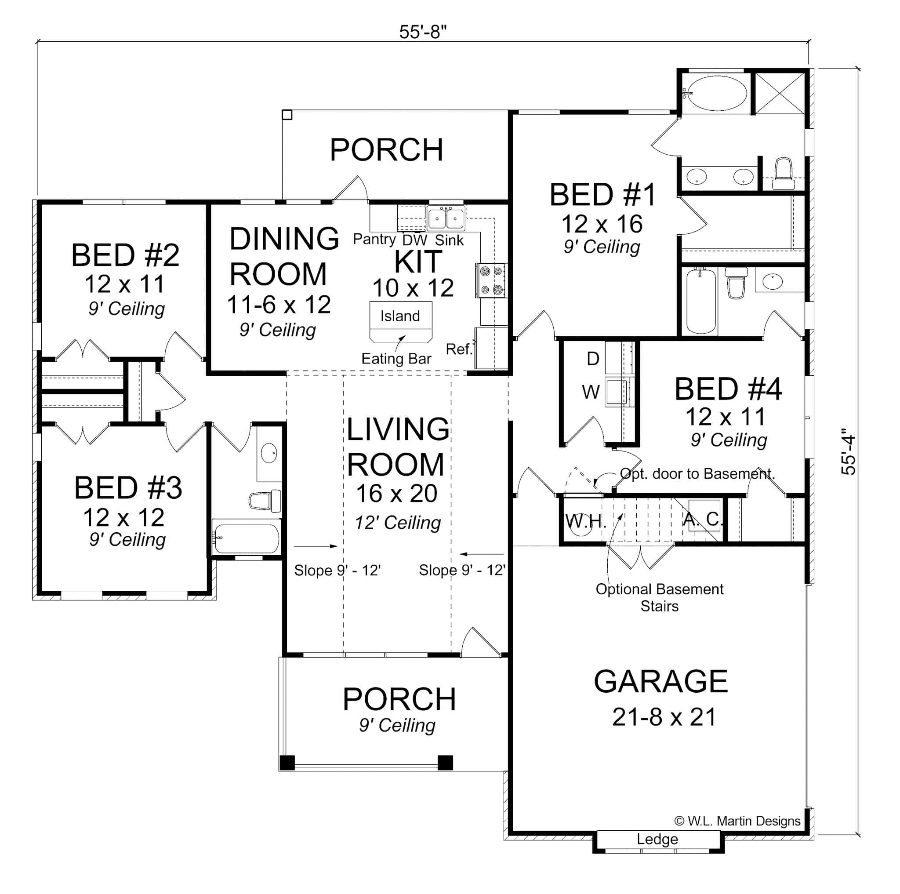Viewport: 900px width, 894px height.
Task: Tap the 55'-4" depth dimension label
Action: (x=848, y=454)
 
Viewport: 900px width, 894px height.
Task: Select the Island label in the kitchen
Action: (x=400, y=316)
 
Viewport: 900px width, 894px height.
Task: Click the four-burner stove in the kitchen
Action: (x=491, y=280)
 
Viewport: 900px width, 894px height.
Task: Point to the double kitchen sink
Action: (x=446, y=218)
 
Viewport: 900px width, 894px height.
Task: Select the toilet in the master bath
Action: (x=783, y=173)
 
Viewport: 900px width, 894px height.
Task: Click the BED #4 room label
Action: (x=728, y=389)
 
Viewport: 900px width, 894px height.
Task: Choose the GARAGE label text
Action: (x=660, y=681)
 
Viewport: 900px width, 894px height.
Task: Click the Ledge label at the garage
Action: (x=657, y=839)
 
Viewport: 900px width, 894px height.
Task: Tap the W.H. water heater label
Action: (x=585, y=521)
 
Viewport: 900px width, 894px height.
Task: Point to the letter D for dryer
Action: (x=592, y=359)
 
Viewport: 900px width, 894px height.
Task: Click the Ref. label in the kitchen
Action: (x=459, y=349)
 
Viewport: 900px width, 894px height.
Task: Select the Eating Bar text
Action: (x=396, y=359)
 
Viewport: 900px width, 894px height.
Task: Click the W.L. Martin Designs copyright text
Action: (x=737, y=821)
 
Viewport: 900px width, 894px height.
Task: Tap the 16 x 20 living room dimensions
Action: (x=396, y=493)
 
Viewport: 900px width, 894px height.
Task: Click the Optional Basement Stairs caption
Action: (x=659, y=598)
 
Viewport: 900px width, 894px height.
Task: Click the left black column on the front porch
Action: (x=287, y=763)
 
